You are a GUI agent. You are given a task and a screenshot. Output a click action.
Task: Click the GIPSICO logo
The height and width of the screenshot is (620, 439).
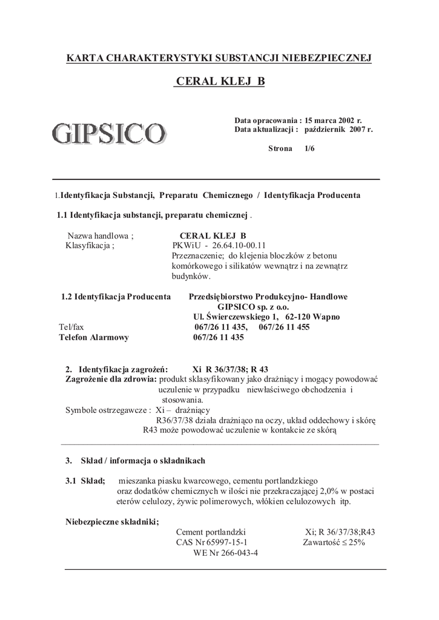pyautogui.click(x=108, y=133)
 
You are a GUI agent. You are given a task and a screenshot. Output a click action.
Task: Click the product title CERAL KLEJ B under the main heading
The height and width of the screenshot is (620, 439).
pyautogui.click(x=220, y=81)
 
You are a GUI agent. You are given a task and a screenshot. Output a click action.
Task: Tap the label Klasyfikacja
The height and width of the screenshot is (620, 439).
pyautogui.click(x=89, y=246)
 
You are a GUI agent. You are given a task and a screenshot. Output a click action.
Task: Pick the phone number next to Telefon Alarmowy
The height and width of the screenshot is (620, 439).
pyautogui.click(x=219, y=338)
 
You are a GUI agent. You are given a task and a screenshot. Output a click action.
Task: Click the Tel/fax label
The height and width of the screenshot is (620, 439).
pyautogui.click(x=71, y=328)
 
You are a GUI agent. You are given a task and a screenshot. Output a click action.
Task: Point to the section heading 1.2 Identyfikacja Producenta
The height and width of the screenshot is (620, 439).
pyautogui.click(x=116, y=297)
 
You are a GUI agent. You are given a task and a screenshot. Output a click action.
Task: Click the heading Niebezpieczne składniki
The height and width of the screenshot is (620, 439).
pyautogui.click(x=112, y=522)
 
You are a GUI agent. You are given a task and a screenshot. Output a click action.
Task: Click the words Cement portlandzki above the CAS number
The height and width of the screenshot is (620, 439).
pyautogui.click(x=210, y=532)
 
